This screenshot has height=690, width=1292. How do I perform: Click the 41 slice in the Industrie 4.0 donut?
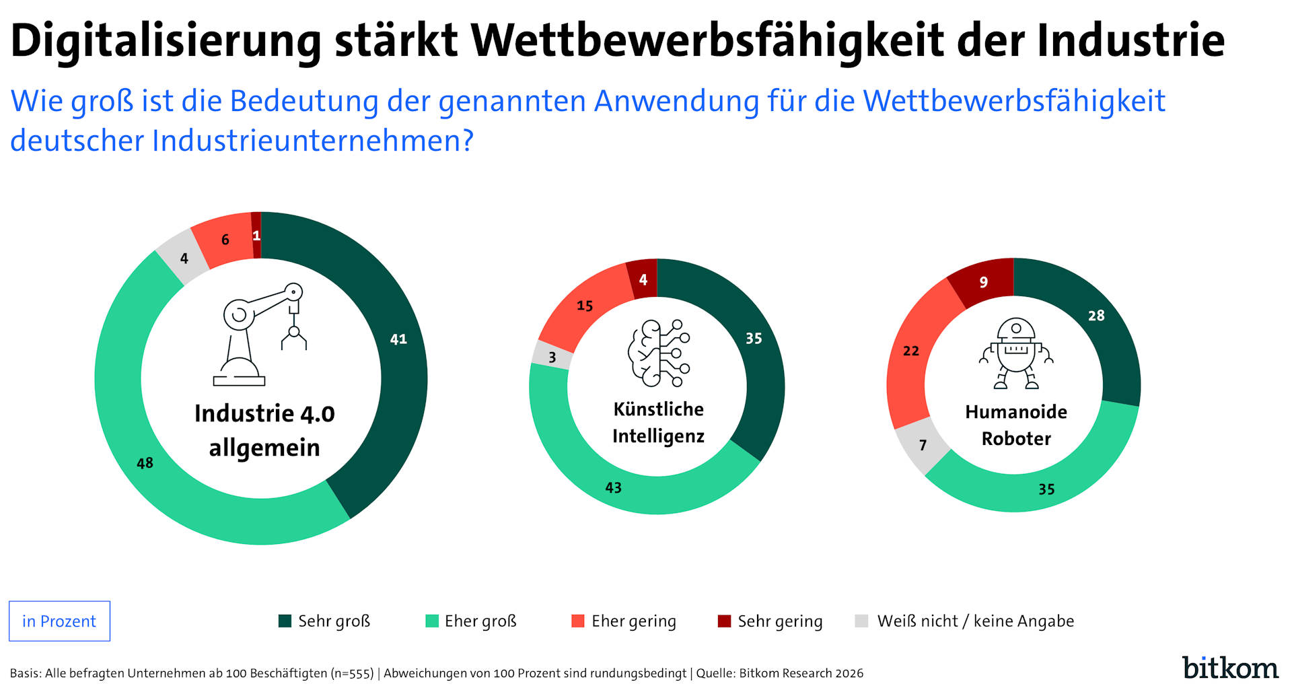[x=398, y=339]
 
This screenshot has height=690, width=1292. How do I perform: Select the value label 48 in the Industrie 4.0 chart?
[x=145, y=463]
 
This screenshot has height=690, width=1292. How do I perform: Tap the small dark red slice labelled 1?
[x=256, y=235]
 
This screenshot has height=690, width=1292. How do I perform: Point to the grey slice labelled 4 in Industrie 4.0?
[x=183, y=258]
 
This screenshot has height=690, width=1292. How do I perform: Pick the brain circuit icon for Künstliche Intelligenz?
[x=658, y=353]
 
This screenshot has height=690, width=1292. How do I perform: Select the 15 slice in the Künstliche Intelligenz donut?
[x=584, y=306]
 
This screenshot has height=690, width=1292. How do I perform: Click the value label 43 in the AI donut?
[x=613, y=487]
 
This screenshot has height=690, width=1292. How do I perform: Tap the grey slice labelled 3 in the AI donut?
[x=552, y=357]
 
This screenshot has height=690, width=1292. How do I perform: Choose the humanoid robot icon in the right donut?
[x=1016, y=353]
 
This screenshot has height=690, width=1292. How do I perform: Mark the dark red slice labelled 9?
[x=983, y=281]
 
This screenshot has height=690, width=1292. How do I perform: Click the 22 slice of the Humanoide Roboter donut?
[x=910, y=351]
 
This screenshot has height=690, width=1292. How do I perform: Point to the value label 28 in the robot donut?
[x=1096, y=315]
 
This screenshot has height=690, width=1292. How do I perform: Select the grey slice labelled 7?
[x=923, y=445]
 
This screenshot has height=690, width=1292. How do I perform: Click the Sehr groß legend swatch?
[x=285, y=621]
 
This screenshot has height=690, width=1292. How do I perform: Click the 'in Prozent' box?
[x=59, y=621]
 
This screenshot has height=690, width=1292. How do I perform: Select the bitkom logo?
[x=1230, y=667]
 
